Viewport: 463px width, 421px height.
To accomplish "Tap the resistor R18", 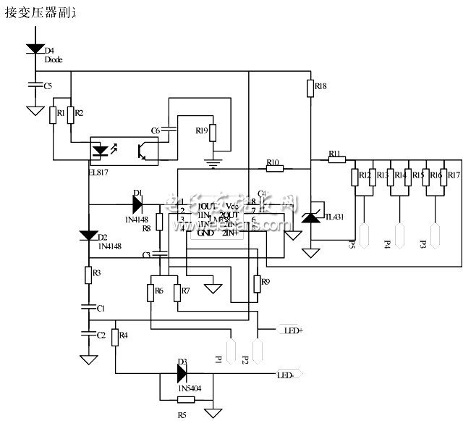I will click(x=310, y=88).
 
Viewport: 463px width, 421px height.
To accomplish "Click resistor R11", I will click(x=337, y=159).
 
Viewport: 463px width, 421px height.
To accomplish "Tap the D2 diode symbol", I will click(x=88, y=235).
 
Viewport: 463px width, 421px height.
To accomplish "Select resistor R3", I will click(x=88, y=275).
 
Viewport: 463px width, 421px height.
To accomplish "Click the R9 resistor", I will click(x=255, y=286).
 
